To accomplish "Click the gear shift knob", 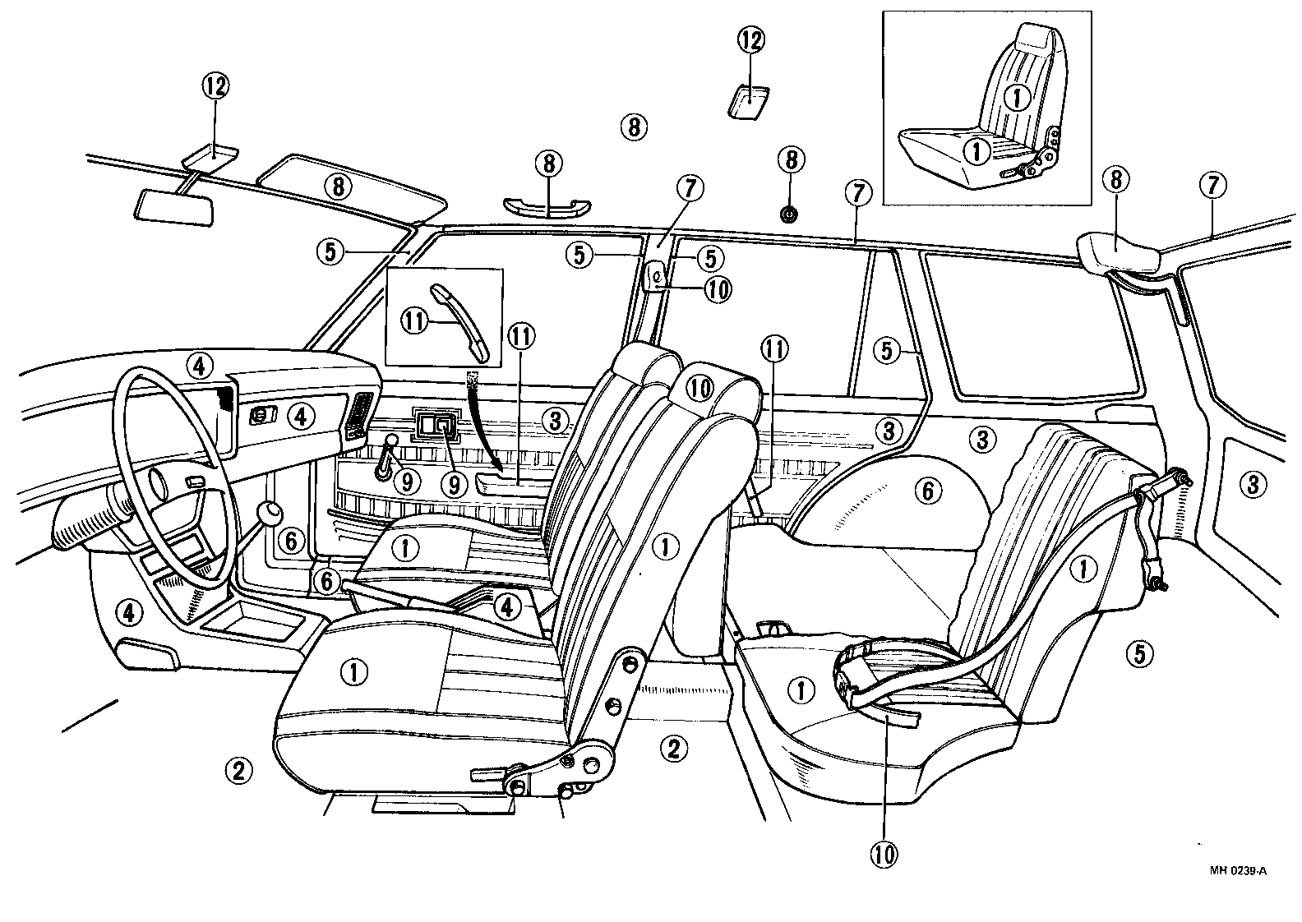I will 270,513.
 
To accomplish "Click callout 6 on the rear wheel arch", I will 926,491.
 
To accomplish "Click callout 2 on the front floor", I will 238,770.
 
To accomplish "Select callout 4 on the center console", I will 507,607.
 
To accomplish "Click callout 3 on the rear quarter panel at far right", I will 1252,484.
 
